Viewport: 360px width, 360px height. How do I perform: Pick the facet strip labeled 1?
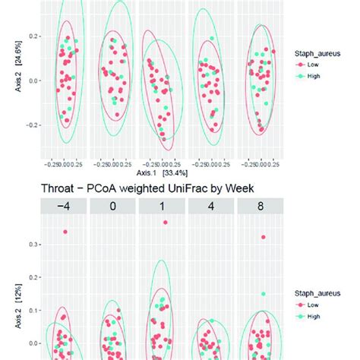[163, 206]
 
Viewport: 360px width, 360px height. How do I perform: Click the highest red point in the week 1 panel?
[165, 223]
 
